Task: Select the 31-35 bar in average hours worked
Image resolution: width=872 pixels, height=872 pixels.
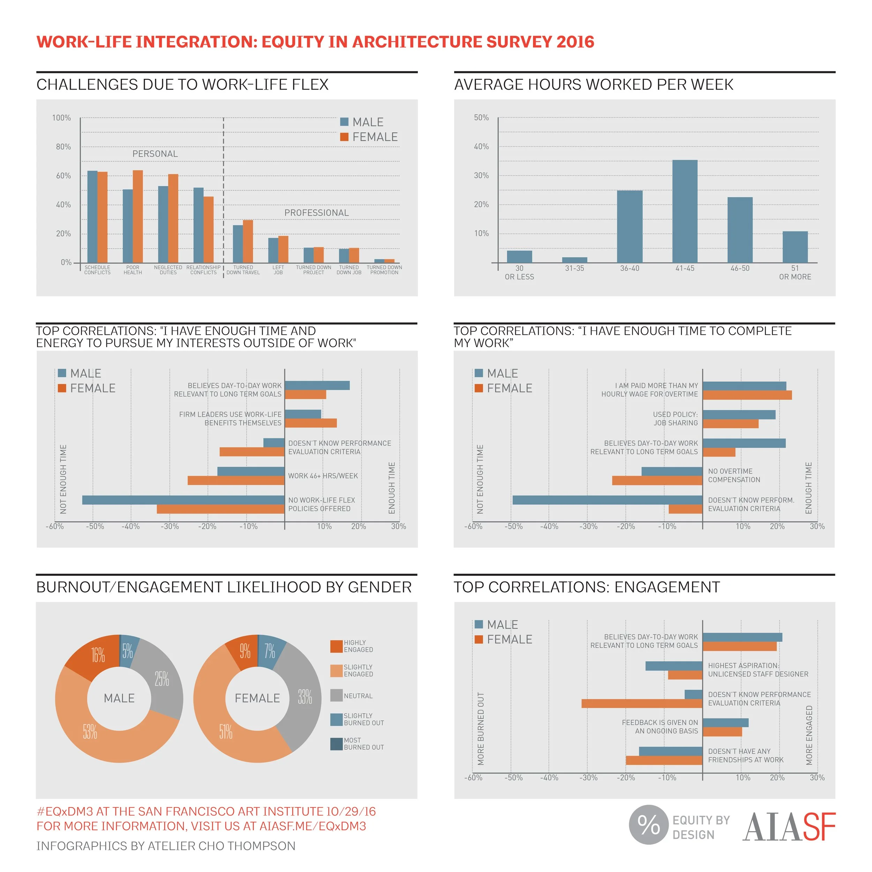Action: pos(574,260)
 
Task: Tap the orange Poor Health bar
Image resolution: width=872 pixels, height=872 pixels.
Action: pos(138,217)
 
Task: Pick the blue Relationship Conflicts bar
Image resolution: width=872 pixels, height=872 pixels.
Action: pos(198,225)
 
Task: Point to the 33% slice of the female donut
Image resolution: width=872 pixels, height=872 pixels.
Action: pos(301,695)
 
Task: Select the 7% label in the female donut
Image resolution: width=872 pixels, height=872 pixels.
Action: pos(270,651)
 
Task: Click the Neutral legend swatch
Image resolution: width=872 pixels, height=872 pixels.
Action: pos(336,696)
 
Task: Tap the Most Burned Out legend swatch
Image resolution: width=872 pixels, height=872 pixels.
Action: pos(336,744)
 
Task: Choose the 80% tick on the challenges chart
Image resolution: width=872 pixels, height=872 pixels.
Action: pos(63,147)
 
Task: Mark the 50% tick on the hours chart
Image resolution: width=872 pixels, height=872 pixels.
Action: pos(481,118)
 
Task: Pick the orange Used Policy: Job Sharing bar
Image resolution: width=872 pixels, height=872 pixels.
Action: pos(730,424)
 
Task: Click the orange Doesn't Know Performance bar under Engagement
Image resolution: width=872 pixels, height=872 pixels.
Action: pos(642,703)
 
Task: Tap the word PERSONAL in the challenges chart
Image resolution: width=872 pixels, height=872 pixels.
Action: pos(155,154)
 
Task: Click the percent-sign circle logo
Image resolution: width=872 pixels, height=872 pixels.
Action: pos(648,825)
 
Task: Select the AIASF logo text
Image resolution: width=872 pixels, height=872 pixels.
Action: pos(789,827)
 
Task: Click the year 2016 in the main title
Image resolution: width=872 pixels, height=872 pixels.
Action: pos(575,42)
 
